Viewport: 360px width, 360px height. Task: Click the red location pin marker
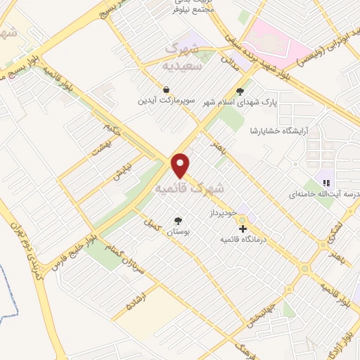(x=181, y=165)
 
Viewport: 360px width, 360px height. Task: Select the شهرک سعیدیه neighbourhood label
(x=187, y=56)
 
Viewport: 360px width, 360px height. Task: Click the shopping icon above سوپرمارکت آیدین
(x=166, y=90)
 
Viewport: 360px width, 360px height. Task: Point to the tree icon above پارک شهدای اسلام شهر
(x=240, y=90)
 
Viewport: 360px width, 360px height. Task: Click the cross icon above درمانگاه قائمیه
(x=243, y=229)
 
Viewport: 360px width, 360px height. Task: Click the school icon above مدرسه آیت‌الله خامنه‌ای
(x=326, y=183)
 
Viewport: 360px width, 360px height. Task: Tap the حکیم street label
(x=112, y=129)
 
